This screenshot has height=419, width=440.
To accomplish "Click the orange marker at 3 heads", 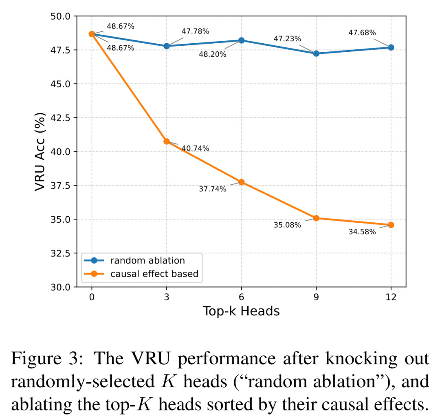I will [166, 141].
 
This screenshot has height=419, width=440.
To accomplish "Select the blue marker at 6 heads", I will [241, 40].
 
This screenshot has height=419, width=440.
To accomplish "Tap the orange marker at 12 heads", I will [391, 225].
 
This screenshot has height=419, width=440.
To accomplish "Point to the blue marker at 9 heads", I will [316, 53].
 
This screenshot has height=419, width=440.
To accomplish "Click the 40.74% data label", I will [195, 149].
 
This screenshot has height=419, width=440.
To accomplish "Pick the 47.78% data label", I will [195, 31].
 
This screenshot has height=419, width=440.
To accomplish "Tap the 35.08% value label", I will [287, 225].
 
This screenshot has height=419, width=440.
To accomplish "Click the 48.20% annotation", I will [212, 54].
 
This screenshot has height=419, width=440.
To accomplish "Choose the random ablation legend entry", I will [147, 260].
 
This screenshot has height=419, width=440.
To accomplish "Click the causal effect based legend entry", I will [154, 274].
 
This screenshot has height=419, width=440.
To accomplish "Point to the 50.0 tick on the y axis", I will [60, 16].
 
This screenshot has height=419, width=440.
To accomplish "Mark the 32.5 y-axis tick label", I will [60, 253].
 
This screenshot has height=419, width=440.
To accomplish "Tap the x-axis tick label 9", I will [316, 297].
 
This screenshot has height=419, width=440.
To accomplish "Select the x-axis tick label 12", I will [391, 297].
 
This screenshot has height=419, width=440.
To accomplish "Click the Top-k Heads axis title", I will [241, 311].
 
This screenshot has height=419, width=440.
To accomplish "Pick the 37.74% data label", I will [212, 189].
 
